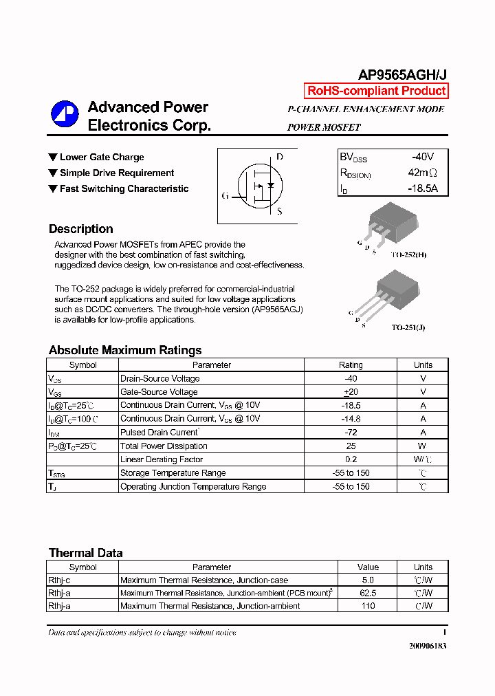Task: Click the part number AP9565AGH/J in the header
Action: (402, 75)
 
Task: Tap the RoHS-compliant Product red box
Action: (376, 91)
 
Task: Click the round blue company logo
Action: (65, 115)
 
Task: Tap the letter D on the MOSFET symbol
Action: (279, 157)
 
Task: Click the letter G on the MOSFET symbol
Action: (225, 196)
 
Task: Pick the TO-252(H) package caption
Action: (408, 255)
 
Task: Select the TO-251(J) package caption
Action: (408, 328)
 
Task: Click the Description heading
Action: (81, 229)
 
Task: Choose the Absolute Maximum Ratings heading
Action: (125, 350)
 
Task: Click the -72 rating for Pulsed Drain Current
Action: (351, 433)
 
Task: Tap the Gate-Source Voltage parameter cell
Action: (159, 392)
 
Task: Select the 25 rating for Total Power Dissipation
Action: (351, 446)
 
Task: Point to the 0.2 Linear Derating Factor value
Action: (351, 459)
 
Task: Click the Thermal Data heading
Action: (86, 553)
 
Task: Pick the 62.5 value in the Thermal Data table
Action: (368, 593)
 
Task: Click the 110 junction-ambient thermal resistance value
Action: (368, 606)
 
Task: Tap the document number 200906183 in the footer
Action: (428, 646)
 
